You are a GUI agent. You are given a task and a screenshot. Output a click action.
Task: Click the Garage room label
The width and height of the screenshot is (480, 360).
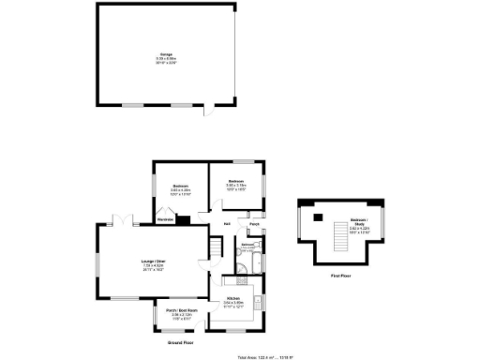point(165,55)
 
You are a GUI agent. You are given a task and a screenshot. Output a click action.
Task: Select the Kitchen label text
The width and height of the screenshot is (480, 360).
point(233,299)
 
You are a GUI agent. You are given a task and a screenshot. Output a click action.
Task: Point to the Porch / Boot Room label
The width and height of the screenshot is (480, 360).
point(179,310)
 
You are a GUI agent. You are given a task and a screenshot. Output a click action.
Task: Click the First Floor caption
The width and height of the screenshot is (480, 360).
point(340,276)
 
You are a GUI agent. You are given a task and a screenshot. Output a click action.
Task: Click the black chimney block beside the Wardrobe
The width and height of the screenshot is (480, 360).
point(183,221)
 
